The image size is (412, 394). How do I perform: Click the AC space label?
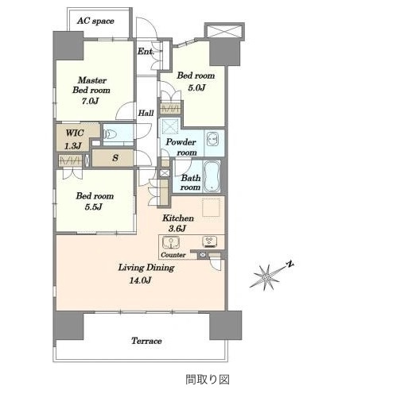tap(95, 21)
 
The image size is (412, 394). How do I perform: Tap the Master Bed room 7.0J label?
tap(91, 91)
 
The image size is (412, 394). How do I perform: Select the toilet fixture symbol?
tap(110, 134)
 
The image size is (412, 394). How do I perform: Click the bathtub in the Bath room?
tap(212, 176)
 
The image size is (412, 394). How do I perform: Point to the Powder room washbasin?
tap(213, 140)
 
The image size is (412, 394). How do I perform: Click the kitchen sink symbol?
tap(171, 242)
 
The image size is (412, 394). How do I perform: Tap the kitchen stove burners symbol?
tap(210, 241)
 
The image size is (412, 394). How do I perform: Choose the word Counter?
tap(173, 255)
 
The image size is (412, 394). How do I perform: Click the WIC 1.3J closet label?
tap(74, 139)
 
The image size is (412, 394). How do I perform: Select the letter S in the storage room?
tap(115, 158)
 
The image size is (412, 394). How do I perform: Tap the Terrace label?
tap(146, 341)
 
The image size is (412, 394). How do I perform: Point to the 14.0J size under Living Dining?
tap(140, 280)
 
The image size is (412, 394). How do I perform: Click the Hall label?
tap(146, 113)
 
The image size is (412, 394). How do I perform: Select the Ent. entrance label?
tap(146, 51)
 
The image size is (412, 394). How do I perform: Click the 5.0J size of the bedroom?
tap(196, 87)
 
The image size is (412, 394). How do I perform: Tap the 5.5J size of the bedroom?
tap(93, 207)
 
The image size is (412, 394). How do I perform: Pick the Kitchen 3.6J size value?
tap(177, 228)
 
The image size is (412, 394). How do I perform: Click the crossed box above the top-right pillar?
tap(224, 31)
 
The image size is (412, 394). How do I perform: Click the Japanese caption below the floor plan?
tap(208, 380)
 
